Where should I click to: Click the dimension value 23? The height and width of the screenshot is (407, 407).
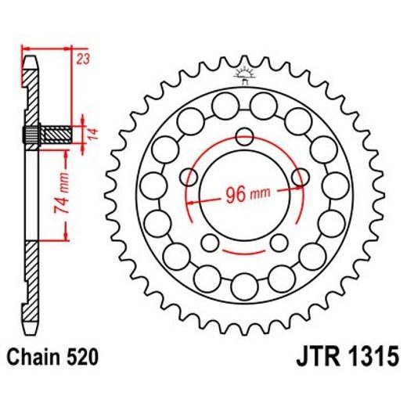coord(82,58)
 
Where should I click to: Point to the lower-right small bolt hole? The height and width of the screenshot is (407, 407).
coord(278,240)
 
